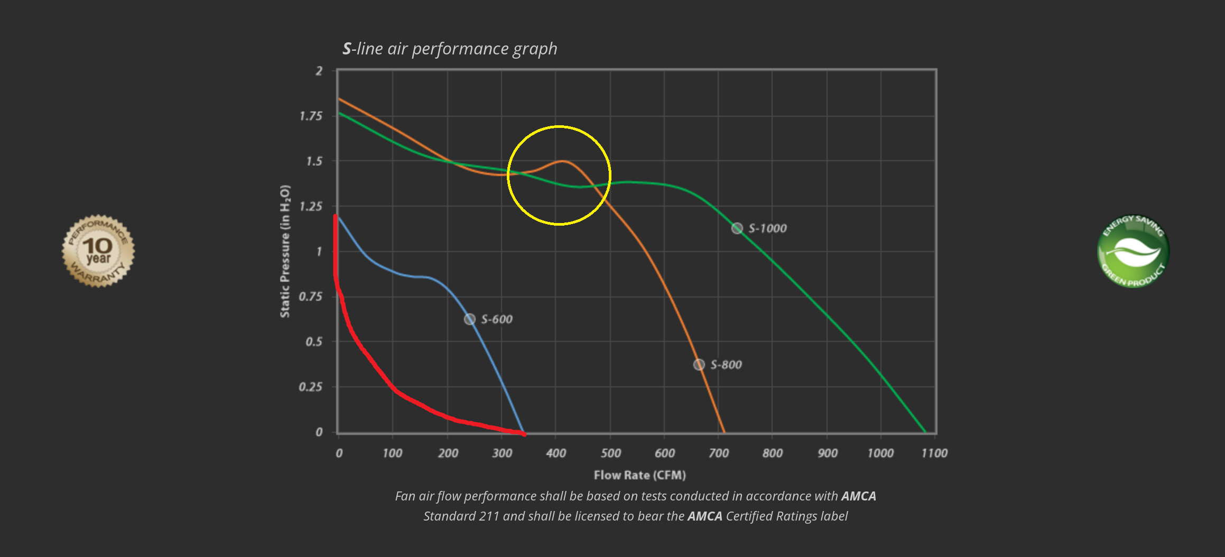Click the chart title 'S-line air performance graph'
tap(450, 49)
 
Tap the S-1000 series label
tap(767, 228)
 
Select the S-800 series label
tap(726, 365)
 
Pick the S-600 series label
tap(497, 319)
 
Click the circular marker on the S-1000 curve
tap(737, 228)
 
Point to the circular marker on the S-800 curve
tap(699, 365)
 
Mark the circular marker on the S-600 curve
tap(469, 319)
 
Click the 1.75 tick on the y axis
tap(311, 116)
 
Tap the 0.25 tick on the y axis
tap(310, 387)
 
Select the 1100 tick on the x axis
tap(934, 453)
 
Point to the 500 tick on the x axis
tap(610, 453)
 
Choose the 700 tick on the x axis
tap(718, 453)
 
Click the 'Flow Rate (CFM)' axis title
tap(639, 475)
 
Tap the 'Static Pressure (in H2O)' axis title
tap(285, 251)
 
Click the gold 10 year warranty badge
tap(98, 251)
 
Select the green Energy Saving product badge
tap(1133, 251)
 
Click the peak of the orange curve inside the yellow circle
tap(562, 161)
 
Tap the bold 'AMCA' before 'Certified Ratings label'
tap(704, 516)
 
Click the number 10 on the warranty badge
tap(98, 245)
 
